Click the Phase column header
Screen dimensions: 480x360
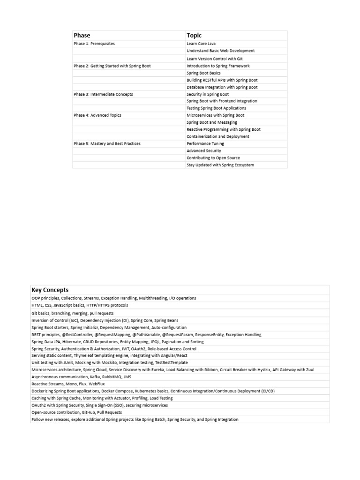click(x=82, y=35)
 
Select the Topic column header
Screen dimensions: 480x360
click(x=194, y=35)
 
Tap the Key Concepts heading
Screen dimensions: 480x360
click(x=50, y=290)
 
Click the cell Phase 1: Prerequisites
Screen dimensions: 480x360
click(x=94, y=44)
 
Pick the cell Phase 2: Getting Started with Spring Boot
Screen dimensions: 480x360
click(x=112, y=66)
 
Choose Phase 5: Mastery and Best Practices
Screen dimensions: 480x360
click(x=107, y=143)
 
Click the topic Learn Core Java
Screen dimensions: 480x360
click(x=201, y=44)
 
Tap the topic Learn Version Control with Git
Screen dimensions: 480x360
click(x=214, y=59)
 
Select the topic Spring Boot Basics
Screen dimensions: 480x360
click(x=203, y=73)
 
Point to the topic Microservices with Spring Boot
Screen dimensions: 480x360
click(x=215, y=115)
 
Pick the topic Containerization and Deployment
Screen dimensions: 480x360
click(x=218, y=136)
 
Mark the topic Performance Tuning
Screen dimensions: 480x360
click(x=205, y=143)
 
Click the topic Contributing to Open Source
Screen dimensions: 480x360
click(x=213, y=158)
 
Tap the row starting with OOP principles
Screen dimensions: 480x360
click(x=113, y=298)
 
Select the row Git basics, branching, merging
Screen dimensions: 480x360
click(x=72, y=313)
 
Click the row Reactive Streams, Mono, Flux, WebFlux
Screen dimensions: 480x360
click(x=68, y=383)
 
